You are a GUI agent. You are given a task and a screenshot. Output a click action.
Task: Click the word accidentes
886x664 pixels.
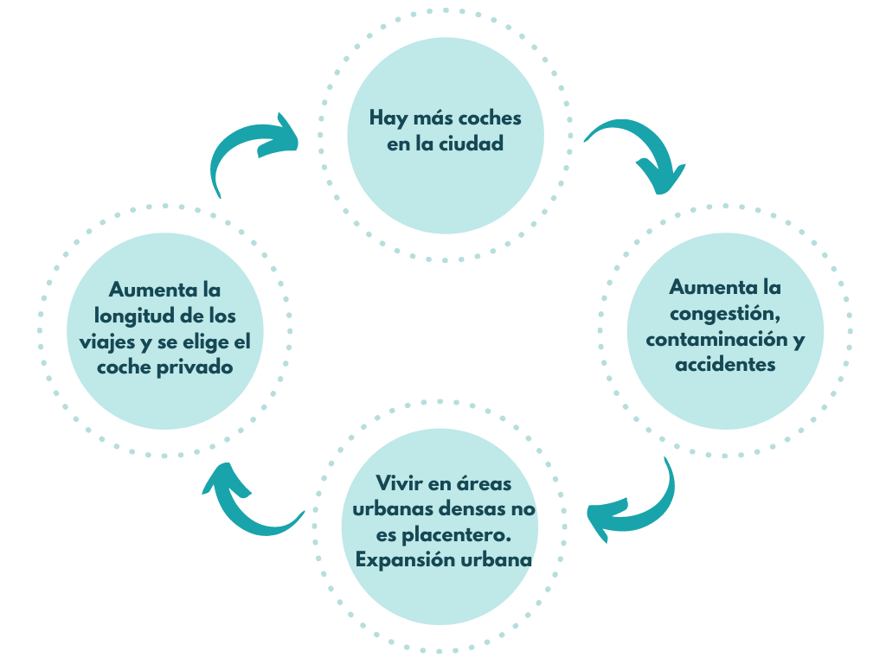(725, 364)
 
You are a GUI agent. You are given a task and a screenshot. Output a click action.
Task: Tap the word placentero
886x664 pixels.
(469, 534)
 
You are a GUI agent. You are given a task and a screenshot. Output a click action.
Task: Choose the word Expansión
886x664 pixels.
(405, 560)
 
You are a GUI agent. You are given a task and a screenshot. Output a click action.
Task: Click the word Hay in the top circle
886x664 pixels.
(388, 118)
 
